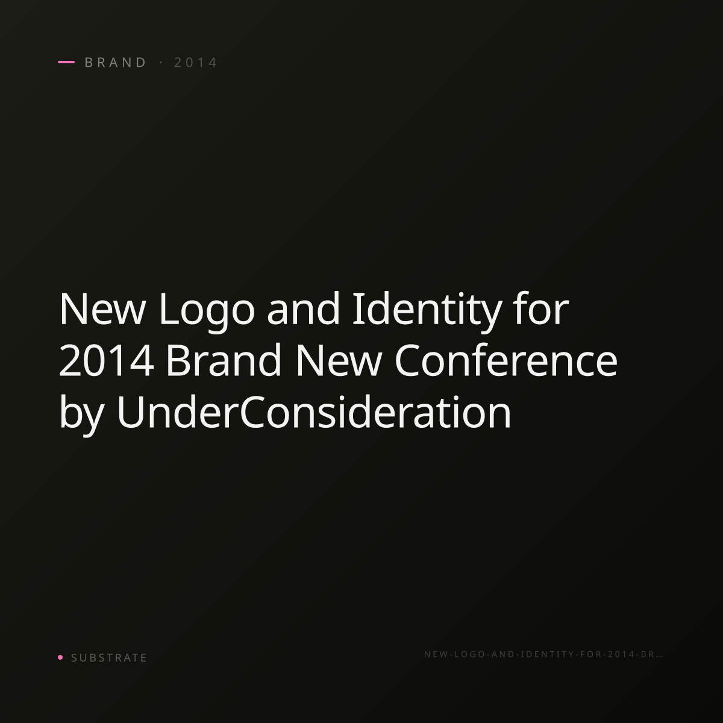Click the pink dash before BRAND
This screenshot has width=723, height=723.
point(66,62)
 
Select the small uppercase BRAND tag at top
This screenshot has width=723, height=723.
point(116,62)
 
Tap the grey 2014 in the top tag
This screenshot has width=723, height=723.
point(196,62)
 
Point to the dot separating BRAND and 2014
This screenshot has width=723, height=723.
point(161,62)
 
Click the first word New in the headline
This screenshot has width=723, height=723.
point(102,309)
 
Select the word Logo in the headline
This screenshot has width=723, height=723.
point(207,311)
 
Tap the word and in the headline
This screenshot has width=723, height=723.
point(303,308)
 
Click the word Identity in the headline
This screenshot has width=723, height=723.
point(427,311)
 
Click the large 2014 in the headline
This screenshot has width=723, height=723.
point(107,360)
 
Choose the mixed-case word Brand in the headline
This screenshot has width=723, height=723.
point(224,360)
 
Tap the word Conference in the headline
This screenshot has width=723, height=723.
point(505,360)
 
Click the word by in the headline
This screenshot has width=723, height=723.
point(81,415)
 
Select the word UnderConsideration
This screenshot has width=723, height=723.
point(314,412)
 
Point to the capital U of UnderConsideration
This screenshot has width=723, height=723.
point(130,412)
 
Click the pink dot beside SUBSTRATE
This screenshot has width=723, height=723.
point(60,657)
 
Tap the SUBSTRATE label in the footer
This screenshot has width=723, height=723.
point(109,658)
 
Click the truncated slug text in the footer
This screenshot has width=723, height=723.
point(543,654)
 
